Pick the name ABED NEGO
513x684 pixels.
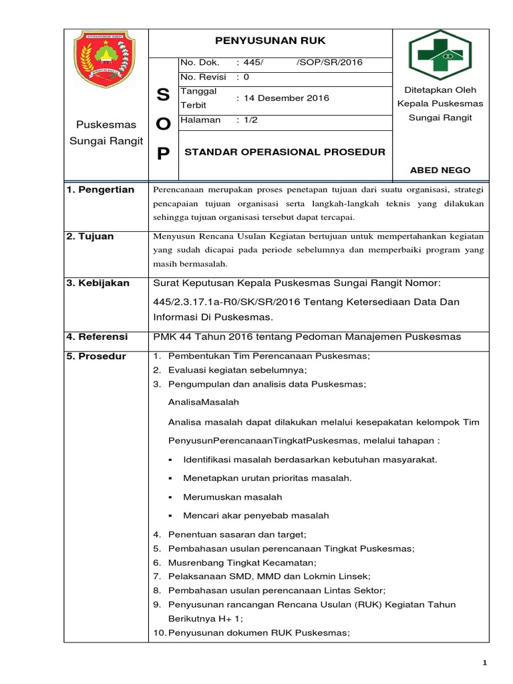[x=440, y=170]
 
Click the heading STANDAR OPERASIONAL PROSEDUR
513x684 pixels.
[x=285, y=152]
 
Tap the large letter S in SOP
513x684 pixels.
[x=163, y=95]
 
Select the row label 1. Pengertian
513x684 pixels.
[x=101, y=190]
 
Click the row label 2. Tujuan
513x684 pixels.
[x=90, y=236]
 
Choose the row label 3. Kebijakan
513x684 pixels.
[x=98, y=283]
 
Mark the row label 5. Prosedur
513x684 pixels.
[x=96, y=356]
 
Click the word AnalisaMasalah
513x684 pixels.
[x=204, y=402]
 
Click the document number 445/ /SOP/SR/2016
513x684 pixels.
[x=300, y=62]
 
